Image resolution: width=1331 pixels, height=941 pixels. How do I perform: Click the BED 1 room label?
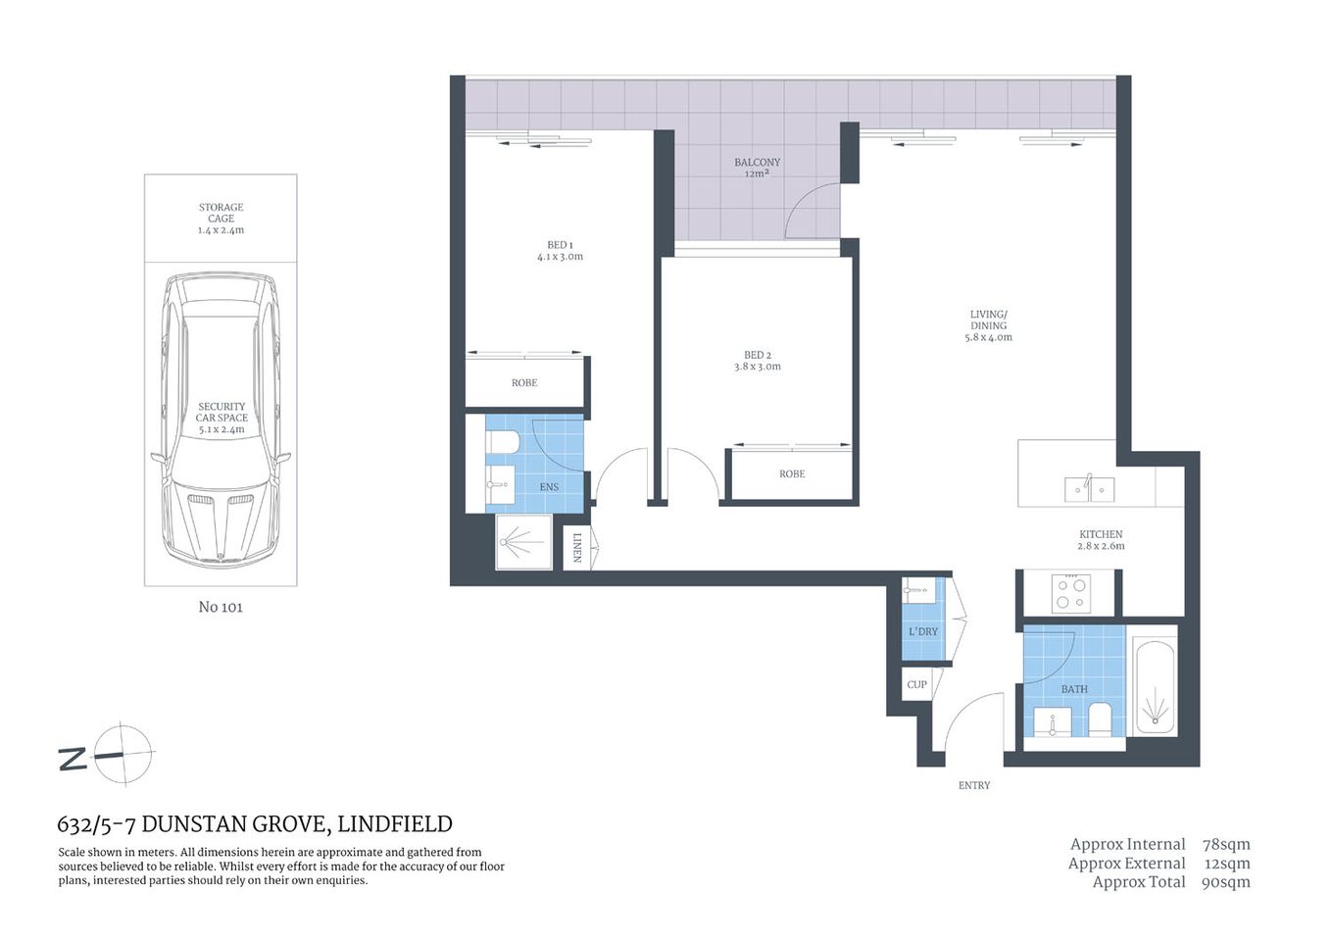point(560,251)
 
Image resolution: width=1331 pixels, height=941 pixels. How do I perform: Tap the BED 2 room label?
point(757,361)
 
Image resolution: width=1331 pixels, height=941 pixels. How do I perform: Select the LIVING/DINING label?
point(988,325)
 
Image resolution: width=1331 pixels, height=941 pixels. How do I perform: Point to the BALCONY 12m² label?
point(757,168)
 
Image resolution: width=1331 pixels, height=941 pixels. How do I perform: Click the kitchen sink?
point(1089,487)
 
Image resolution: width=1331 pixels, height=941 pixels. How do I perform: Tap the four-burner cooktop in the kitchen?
point(1070,593)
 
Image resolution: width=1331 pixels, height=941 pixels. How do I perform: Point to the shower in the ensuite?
point(523,540)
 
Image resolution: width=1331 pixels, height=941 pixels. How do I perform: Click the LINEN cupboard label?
point(576,547)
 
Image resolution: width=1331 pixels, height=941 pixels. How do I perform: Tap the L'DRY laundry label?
point(922,632)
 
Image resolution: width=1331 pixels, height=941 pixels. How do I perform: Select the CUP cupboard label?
point(916,684)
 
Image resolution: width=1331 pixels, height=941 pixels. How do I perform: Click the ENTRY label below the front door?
point(973,785)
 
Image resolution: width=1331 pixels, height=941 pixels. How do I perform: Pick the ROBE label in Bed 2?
point(792,474)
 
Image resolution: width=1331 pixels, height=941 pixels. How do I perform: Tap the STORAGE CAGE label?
point(221,219)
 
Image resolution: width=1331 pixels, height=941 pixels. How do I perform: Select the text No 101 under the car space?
point(221,607)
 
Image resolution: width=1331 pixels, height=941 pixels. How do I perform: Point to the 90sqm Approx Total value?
point(1225,882)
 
